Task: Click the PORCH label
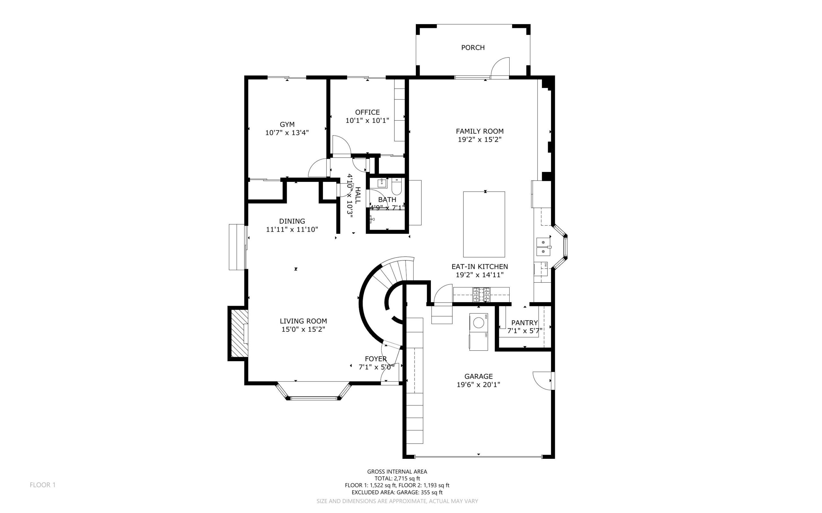coord(473,47)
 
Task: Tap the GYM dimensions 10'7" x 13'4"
coord(287,133)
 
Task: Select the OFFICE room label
coord(367,112)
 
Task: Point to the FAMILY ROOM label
coord(479,131)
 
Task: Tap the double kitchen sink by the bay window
coord(543,247)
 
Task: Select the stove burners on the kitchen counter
coord(481,295)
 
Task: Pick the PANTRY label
coord(524,323)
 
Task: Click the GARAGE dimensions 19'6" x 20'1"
coord(478,384)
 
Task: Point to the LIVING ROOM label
coord(303,321)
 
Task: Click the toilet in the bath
coord(397,187)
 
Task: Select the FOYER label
coord(376,359)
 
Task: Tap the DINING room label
coord(292,221)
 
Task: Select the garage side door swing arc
coord(542,381)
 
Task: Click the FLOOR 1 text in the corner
coord(42,485)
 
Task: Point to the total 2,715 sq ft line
coord(397,478)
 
